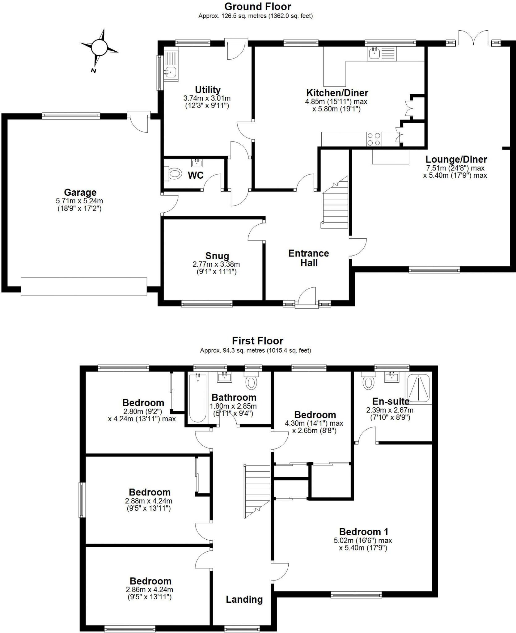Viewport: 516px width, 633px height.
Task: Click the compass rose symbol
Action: pos(99,47)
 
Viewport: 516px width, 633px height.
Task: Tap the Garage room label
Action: pos(80,193)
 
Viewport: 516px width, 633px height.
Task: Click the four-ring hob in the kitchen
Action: pos(374,139)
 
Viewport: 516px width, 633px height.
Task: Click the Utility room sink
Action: pos(170,72)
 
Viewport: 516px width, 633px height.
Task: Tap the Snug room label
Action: pos(217,256)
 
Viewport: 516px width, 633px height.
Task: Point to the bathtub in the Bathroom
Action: pos(198,398)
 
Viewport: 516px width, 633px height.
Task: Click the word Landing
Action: pos(244,600)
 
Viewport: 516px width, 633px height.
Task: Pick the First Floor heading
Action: pos(257,341)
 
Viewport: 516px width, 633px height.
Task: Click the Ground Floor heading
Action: pos(258,6)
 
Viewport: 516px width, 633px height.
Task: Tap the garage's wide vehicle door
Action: pos(84,287)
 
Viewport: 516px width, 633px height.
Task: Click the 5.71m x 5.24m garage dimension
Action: pos(79,201)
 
